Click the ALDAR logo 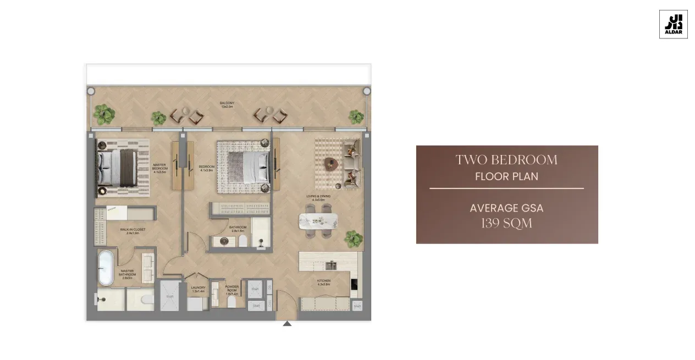click(673, 24)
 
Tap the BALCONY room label click(227, 105)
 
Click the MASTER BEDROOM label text click(159, 167)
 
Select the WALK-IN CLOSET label click(133, 231)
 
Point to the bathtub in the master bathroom click(106, 268)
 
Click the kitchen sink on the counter click(330, 265)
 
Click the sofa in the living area click(351, 164)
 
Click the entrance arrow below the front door click(287, 324)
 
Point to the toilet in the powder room click(231, 302)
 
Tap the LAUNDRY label click(198, 289)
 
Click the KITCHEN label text click(323, 283)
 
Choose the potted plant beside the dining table click(354, 239)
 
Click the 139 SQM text click(506, 223)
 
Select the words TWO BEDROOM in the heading click(506, 160)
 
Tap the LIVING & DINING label click(318, 198)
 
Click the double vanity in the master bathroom click(148, 268)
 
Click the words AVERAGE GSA click(506, 208)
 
